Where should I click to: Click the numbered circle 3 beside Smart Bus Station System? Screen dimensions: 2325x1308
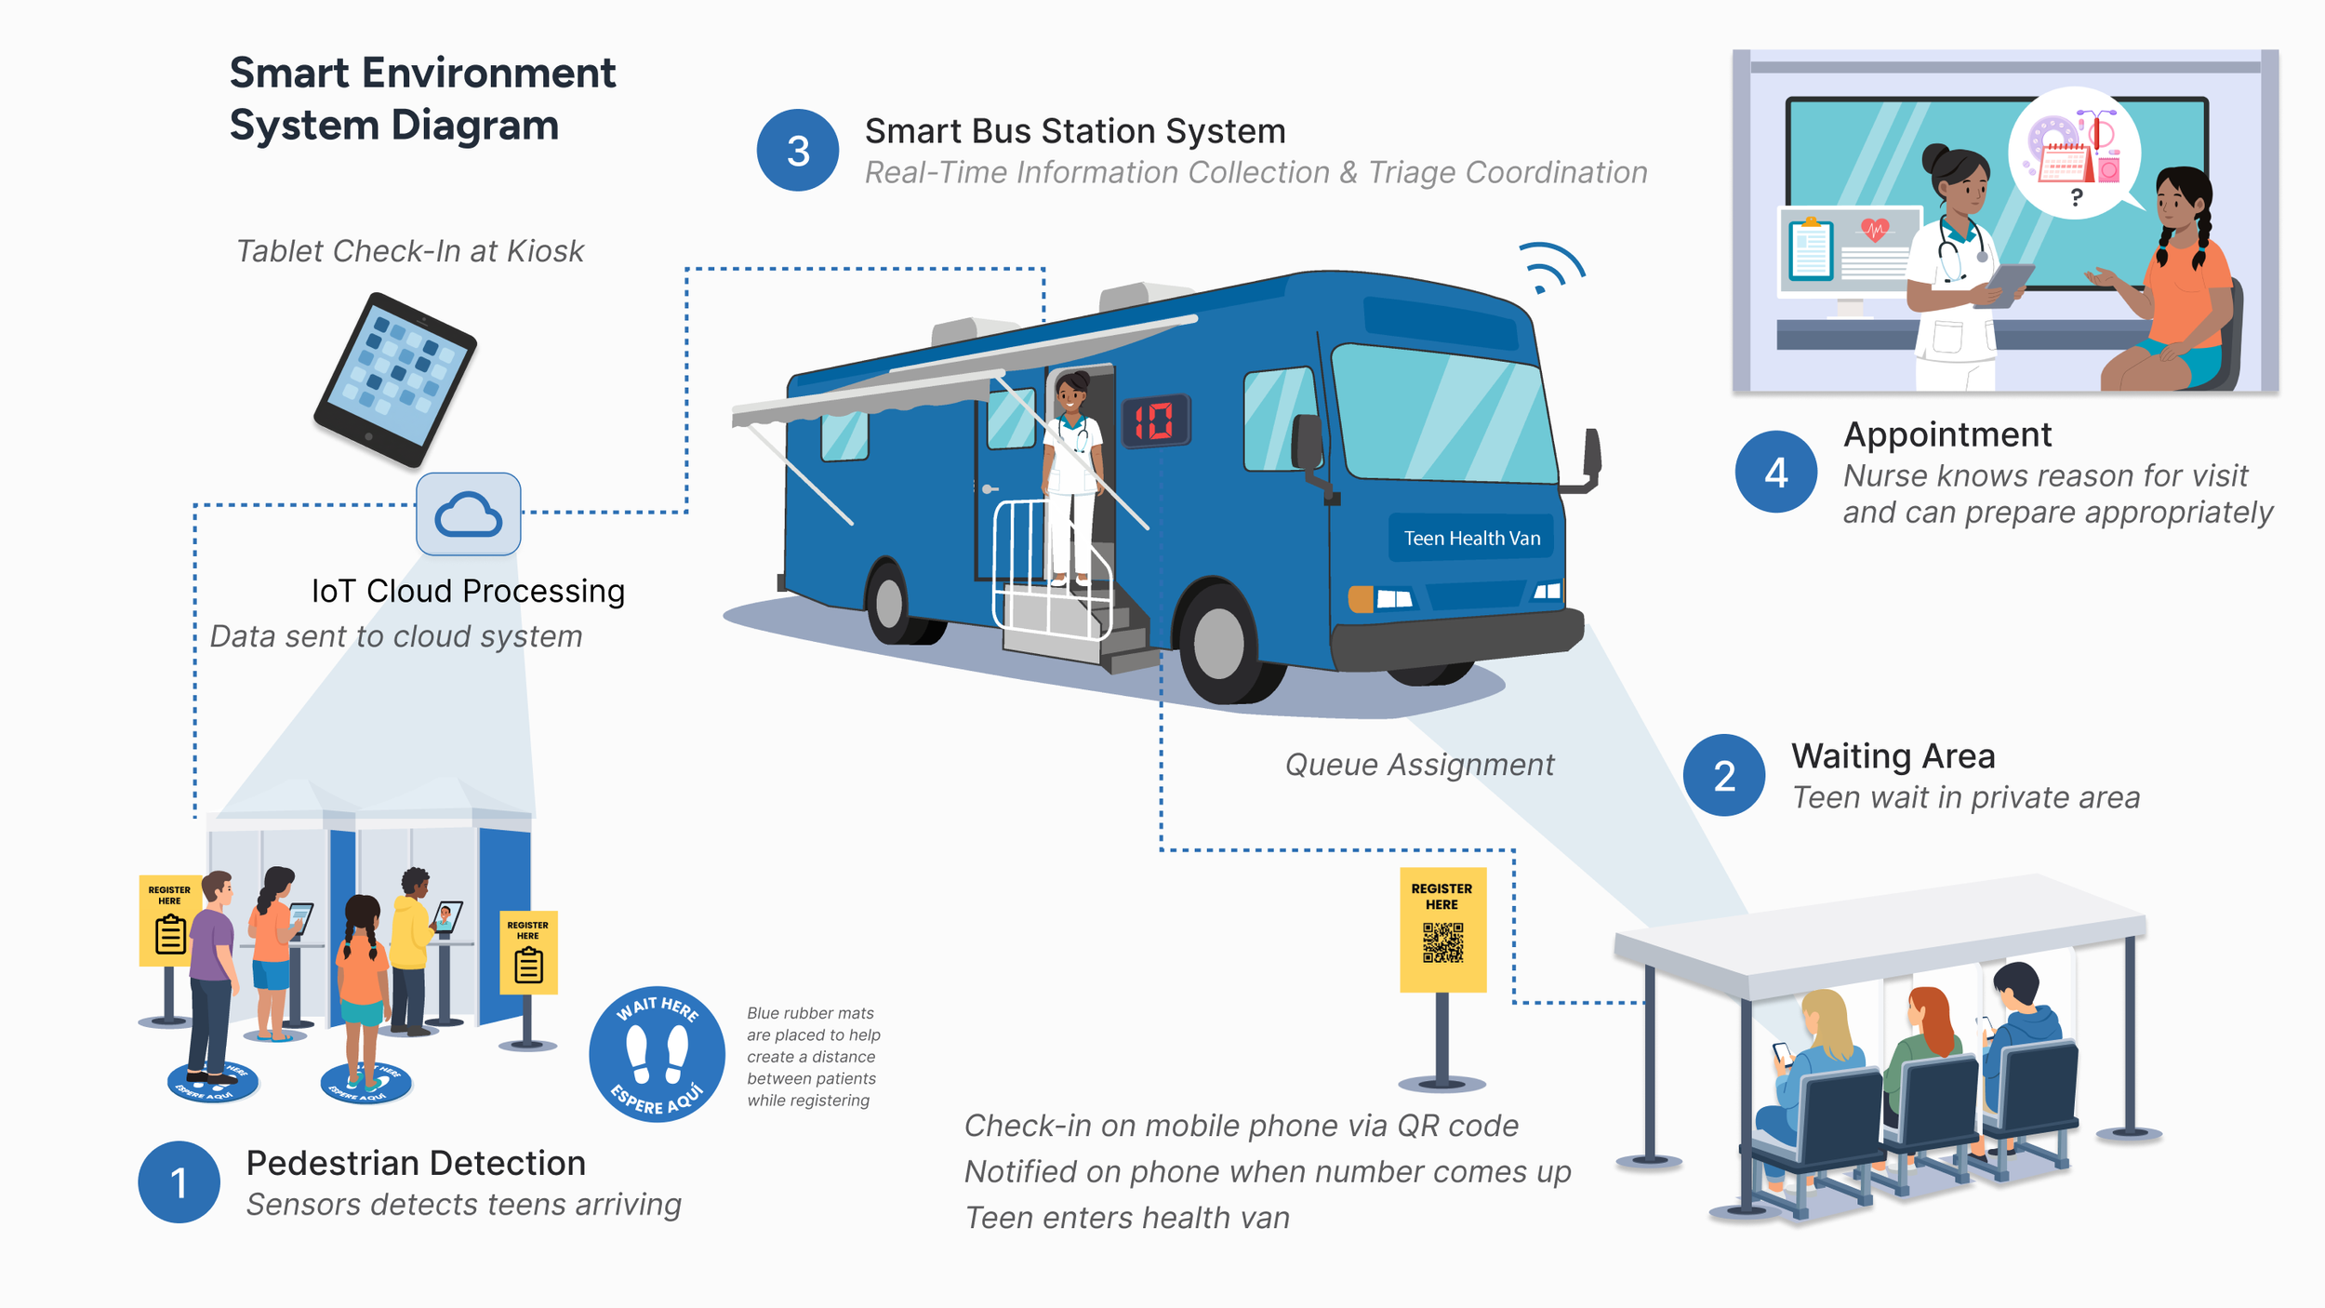pos(798,151)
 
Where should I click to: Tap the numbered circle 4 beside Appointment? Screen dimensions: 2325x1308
pos(1775,472)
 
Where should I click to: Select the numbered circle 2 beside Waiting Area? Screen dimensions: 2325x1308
pos(1724,775)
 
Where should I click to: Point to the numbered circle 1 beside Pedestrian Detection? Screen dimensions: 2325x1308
pos(179,1181)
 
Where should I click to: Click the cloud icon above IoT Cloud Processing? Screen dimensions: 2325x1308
pos(468,514)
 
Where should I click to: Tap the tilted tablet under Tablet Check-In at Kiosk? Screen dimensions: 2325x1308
pos(395,380)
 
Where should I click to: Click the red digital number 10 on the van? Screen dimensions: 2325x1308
pos(1155,421)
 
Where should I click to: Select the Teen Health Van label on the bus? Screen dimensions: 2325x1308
pos(1471,538)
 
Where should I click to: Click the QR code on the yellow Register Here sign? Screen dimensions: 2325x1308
pos(1442,942)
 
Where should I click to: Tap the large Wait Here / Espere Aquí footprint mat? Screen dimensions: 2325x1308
pos(657,1054)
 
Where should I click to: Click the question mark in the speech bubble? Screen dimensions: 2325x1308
pos(2077,197)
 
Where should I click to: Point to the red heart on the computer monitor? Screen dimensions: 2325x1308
pos(1875,229)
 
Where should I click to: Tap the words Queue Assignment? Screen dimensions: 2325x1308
pos(1419,765)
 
